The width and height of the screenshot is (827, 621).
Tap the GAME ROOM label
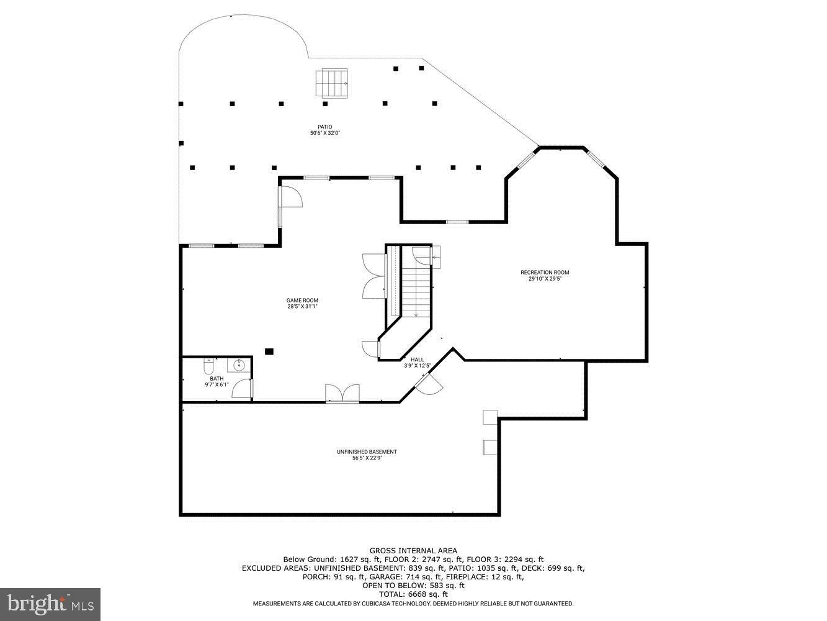point(302,301)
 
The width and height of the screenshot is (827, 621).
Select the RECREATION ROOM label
point(544,273)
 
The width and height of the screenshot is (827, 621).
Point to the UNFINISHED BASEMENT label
point(366,451)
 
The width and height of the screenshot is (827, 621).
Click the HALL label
point(417,360)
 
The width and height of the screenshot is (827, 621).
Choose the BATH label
point(217,379)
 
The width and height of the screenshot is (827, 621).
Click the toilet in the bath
point(209,366)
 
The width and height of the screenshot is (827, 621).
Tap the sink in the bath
point(239,365)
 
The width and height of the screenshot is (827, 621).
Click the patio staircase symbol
point(333,83)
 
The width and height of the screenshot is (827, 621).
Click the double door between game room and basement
point(342,394)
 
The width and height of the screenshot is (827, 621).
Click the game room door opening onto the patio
point(289,197)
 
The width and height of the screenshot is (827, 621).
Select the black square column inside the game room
point(269,351)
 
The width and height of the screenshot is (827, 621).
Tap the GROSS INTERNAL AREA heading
point(413,550)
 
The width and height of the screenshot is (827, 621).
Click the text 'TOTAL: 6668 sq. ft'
point(413,594)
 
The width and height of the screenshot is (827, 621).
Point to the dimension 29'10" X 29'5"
point(544,279)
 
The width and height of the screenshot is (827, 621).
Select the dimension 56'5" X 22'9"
point(366,458)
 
